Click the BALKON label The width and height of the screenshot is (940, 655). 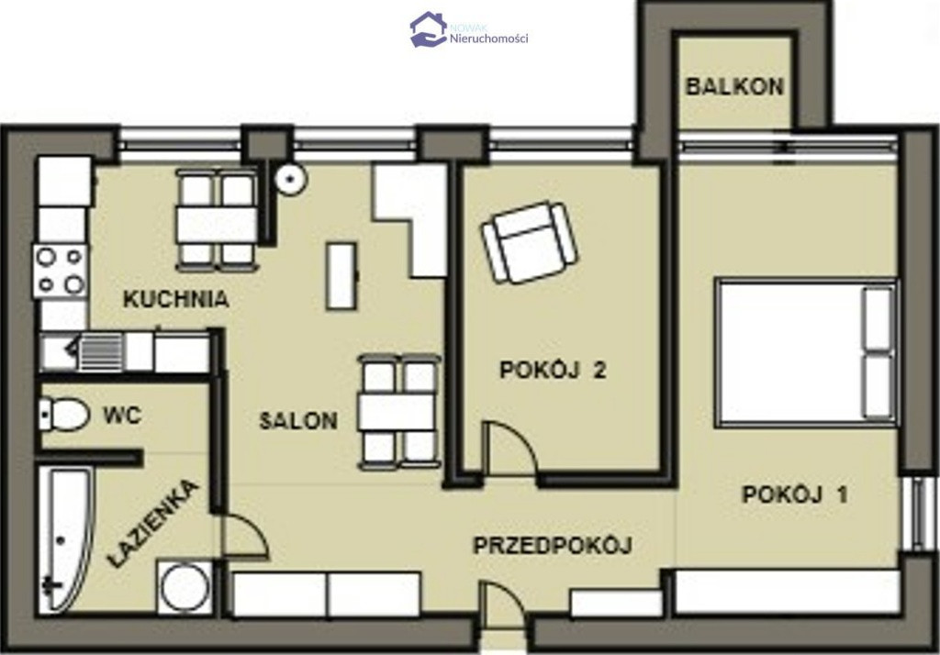[x=734, y=86]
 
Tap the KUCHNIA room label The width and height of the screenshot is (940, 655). [x=175, y=299]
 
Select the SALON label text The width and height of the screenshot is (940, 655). [x=298, y=421]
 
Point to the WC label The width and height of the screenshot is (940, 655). [x=122, y=415]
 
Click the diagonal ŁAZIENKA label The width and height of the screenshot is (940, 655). [x=153, y=523]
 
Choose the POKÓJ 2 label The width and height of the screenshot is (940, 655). [x=553, y=370]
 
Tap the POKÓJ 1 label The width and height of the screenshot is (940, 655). [x=795, y=494]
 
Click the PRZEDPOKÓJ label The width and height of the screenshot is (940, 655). [x=553, y=545]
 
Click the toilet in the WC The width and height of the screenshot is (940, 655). [x=64, y=414]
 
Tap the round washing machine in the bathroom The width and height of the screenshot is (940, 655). [x=185, y=587]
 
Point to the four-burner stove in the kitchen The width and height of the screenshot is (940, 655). [x=61, y=272]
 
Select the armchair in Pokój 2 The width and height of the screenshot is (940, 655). [x=530, y=243]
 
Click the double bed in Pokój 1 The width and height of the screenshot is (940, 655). [x=806, y=352]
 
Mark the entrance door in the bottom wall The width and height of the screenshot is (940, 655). [x=502, y=606]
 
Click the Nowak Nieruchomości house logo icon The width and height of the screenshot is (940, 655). [x=428, y=28]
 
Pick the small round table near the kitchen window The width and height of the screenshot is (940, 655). [x=292, y=178]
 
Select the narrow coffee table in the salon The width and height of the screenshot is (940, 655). [x=341, y=275]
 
